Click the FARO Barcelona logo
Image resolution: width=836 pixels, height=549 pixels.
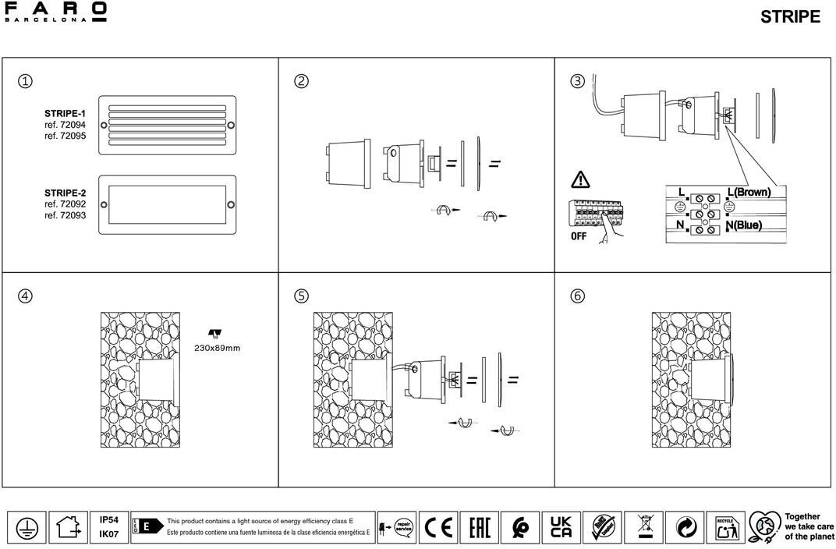55,12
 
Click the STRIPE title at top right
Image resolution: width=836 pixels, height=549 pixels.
790,17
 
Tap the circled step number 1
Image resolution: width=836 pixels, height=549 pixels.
26,81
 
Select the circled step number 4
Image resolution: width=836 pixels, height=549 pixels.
26,296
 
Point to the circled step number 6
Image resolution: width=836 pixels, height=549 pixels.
577,296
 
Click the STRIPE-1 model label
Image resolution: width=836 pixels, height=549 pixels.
65,114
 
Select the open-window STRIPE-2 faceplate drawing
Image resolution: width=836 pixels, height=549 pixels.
168,204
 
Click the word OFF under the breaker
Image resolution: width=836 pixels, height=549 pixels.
578,236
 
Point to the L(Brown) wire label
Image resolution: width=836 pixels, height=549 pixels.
748,192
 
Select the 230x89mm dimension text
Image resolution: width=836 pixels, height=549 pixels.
217,348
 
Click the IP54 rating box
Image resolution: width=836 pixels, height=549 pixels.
109,519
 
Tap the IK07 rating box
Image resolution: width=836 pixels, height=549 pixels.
109,535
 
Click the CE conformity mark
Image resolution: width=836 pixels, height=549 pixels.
438,528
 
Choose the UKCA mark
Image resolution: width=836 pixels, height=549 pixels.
561,528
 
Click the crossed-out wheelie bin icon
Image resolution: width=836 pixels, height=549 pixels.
644,528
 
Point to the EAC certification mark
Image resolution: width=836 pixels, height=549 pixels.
479,528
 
